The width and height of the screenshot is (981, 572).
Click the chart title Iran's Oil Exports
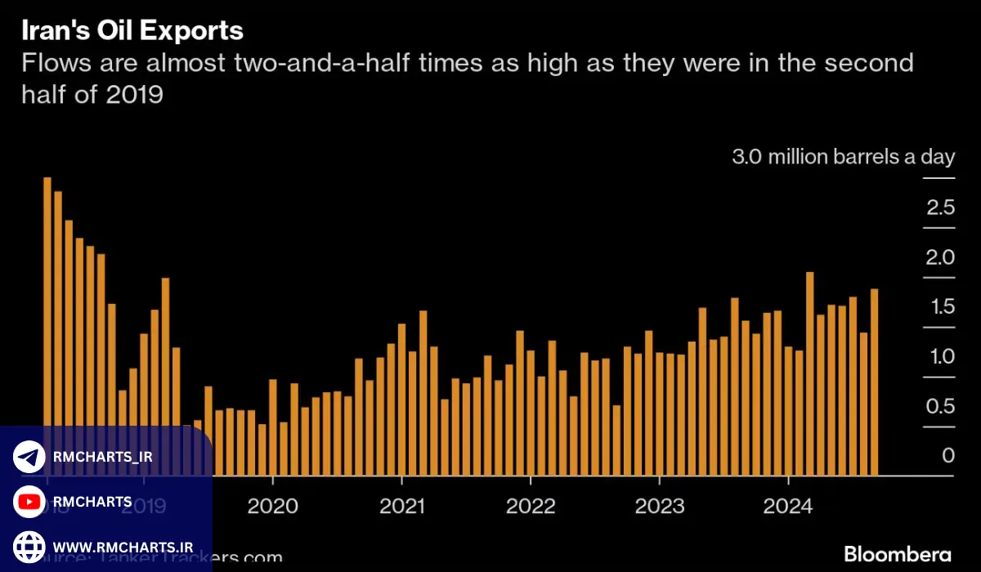point(132,31)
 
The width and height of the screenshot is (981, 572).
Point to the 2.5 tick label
point(940,208)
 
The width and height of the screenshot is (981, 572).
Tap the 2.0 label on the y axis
point(940,257)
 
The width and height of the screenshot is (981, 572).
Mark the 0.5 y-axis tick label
point(940,406)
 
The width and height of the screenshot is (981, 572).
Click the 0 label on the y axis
point(947,456)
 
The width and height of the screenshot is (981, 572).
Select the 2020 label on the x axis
point(272,506)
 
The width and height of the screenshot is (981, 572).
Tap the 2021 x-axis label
point(401,506)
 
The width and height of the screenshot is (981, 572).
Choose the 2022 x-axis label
point(531,506)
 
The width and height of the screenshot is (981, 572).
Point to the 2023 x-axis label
point(659,506)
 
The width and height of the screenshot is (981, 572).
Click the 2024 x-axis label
point(788,506)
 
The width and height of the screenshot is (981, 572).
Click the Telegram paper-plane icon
point(29,457)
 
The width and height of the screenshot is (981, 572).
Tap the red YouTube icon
point(29,501)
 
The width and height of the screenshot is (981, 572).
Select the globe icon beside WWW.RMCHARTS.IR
point(29,545)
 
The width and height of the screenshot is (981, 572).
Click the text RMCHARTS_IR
point(102,457)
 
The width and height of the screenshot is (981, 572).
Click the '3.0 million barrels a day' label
point(843,157)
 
